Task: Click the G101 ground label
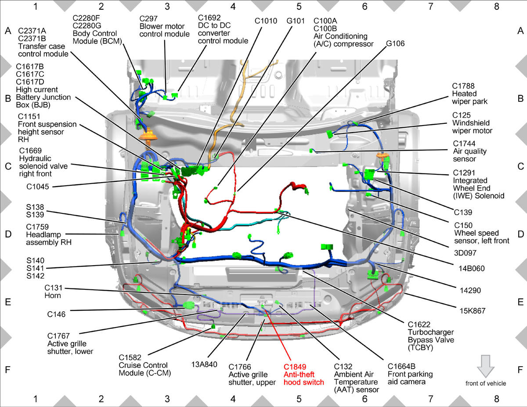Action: point(296,21)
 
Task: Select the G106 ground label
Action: point(395,43)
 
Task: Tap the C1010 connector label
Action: point(266,21)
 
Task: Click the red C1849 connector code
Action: point(295,367)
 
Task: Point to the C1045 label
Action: point(38,187)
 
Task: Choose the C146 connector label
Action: point(56,314)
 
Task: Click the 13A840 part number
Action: point(204,364)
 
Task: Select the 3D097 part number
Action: point(465,253)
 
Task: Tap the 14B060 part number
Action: point(472,269)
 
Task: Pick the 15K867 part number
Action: point(473,311)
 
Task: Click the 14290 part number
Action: point(470,290)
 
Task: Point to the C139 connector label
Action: point(463,213)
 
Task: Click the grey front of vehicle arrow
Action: point(486,366)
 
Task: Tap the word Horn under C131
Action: point(53,295)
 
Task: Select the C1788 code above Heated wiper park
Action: point(463,86)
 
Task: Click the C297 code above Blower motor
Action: point(148,19)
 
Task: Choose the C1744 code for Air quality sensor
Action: point(464,144)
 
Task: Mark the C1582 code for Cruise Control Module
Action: point(130,357)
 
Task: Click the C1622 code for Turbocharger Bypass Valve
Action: point(419,324)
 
